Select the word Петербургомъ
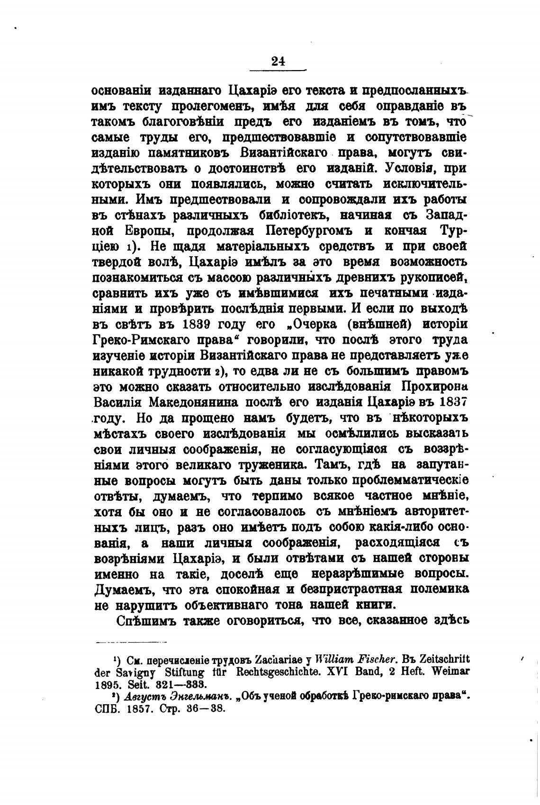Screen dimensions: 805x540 tap(309, 231)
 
